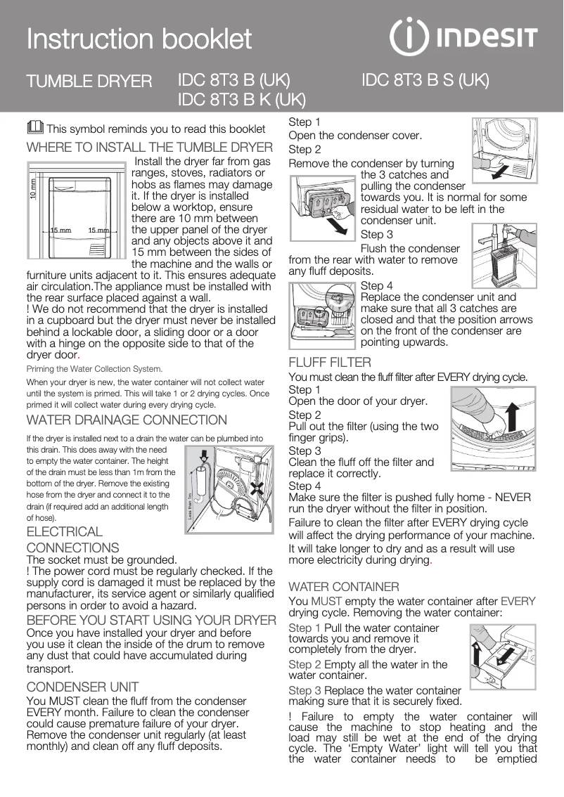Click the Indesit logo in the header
464,38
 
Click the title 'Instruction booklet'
139,39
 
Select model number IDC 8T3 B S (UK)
425,80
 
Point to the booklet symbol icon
34,128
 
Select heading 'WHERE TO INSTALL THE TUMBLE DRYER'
149,148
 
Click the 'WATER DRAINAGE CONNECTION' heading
127,420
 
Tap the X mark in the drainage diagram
260,488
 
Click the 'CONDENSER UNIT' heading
82,687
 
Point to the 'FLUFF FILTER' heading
330,363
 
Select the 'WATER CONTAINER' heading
344,586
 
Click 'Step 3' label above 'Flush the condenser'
376,235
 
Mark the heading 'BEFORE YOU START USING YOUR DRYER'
150,620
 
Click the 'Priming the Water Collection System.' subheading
94,368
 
